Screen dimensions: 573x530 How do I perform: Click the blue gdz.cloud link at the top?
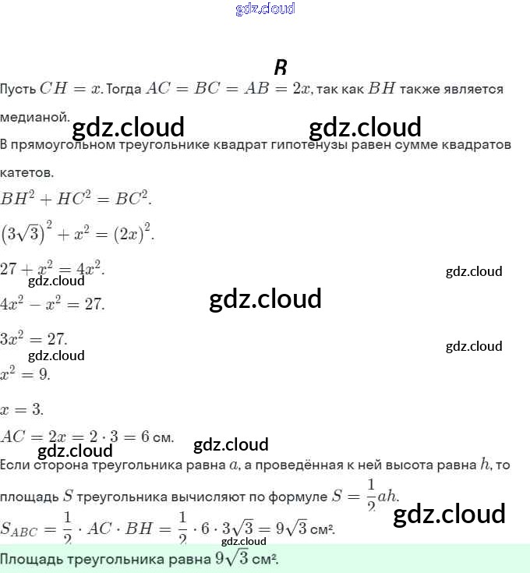click(x=265, y=9)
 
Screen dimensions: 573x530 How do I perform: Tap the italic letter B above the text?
click(x=281, y=67)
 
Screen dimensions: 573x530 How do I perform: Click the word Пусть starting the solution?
click(x=17, y=89)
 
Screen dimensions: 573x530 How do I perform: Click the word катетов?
click(x=26, y=172)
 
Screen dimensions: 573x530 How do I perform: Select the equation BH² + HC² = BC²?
click(x=76, y=199)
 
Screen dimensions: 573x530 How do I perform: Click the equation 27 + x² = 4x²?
click(x=52, y=269)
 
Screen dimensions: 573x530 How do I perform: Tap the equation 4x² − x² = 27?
click(x=52, y=304)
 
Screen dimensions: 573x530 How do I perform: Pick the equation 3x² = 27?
click(x=34, y=339)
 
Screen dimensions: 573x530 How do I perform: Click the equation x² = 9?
click(x=25, y=374)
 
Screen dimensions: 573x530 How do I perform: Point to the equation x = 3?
click(x=22, y=409)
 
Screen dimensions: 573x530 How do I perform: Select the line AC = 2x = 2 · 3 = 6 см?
click(x=87, y=437)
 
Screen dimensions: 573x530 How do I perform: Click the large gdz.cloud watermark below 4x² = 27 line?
click(x=265, y=299)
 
